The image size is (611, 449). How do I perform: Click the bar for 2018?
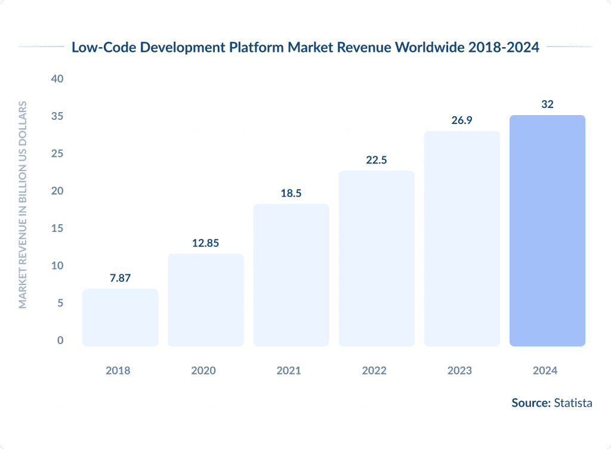pos(120,317)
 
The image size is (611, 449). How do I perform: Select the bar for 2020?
pos(205,300)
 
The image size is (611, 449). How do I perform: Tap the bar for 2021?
pos(291,275)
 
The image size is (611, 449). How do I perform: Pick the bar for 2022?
pos(377,258)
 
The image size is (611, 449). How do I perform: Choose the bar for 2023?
pos(462,239)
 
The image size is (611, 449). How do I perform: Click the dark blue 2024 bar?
pos(547,231)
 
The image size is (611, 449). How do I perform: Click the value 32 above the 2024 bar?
pos(547,104)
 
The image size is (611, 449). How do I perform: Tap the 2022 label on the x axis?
pos(374,370)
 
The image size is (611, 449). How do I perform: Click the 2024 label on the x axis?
pos(545,370)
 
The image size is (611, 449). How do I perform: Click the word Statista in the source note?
pos(573,403)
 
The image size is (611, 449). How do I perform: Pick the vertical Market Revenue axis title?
pos(23,205)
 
